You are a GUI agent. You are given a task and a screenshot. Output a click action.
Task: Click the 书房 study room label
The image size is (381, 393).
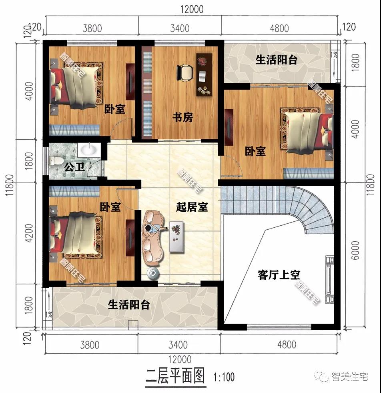click(x=183, y=117)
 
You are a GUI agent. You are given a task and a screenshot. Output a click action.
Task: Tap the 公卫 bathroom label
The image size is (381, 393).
click(x=74, y=167)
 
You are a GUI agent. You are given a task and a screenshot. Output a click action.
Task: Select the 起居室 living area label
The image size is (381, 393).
click(x=192, y=207)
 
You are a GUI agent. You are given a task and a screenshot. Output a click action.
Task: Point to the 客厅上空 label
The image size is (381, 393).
click(x=279, y=275)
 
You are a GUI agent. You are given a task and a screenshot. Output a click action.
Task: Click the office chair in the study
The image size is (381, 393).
click(x=185, y=72)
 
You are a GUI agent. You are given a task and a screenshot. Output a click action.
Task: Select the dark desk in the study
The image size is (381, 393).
click(x=204, y=74)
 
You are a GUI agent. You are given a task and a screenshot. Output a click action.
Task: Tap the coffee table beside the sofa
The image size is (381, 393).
click(x=177, y=237)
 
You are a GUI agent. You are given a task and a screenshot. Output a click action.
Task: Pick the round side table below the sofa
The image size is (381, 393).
click(x=152, y=273)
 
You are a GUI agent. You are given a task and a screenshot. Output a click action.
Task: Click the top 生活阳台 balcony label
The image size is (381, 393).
click(x=276, y=60)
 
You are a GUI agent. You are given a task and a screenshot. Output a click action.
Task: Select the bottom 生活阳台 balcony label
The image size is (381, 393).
click(x=128, y=305)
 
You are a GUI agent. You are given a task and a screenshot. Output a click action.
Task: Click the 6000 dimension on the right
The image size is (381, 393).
click(x=355, y=250)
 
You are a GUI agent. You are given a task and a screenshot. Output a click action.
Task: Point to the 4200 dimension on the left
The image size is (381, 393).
click(x=29, y=233)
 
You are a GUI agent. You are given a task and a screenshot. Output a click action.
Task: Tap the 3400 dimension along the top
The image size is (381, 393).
click(x=180, y=28)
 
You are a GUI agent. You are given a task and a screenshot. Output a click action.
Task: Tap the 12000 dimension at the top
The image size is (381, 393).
click(x=192, y=9)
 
